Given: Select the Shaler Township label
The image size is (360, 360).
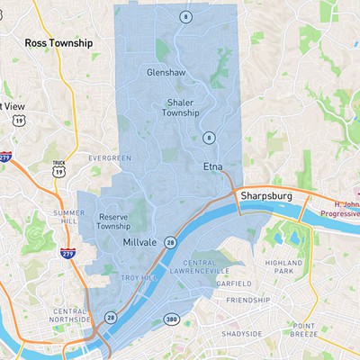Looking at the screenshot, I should click(x=180, y=108).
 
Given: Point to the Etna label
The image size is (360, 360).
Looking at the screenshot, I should click(x=212, y=167).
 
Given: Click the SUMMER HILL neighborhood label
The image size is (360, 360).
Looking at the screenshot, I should click(x=69, y=217).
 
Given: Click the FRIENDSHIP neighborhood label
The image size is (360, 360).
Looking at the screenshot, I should click(x=248, y=300).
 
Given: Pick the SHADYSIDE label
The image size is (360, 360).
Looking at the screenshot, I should click(x=244, y=334).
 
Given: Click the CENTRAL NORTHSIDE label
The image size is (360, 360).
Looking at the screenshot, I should click(x=69, y=316).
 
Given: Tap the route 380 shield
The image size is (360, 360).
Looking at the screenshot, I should click(x=172, y=319).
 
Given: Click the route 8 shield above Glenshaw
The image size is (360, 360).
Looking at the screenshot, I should click(x=184, y=17).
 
